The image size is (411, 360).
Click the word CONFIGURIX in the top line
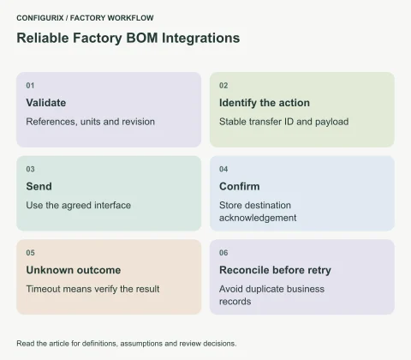(40, 18)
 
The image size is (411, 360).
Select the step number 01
(30, 86)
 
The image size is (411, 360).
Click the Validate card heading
(46, 103)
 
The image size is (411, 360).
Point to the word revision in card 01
(139, 122)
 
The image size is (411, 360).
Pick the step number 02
(223, 86)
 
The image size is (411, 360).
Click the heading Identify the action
(265, 103)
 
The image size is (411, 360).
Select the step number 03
(30, 169)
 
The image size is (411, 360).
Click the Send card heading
(39, 187)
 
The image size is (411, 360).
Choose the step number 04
(223, 169)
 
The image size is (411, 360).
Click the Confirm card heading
(240, 187)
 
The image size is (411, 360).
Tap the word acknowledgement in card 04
(258, 218)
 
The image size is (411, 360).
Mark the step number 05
(30, 253)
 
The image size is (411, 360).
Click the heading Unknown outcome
(74, 270)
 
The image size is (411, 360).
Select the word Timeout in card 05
(43, 289)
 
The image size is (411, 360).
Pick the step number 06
(223, 253)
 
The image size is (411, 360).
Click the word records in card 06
(235, 302)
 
